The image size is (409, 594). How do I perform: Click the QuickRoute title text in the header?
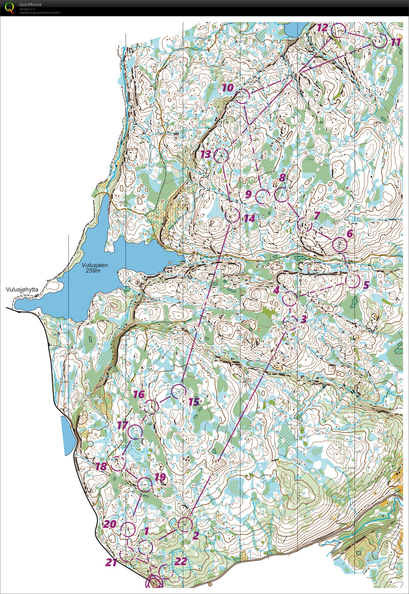(30, 4)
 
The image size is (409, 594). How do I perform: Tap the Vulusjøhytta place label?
(22, 289)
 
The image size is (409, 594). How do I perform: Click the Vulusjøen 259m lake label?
(95, 268)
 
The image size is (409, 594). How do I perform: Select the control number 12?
(323, 28)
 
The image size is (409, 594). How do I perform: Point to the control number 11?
(396, 42)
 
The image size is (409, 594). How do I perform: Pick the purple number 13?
(206, 154)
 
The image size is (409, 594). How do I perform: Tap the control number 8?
(282, 178)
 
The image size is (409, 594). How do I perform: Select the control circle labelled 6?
(340, 244)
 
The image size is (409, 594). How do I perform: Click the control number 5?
(366, 285)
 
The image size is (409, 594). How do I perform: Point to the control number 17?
(122, 425)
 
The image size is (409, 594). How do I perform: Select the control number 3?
(303, 319)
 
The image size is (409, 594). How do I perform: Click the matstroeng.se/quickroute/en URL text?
(40, 13)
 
